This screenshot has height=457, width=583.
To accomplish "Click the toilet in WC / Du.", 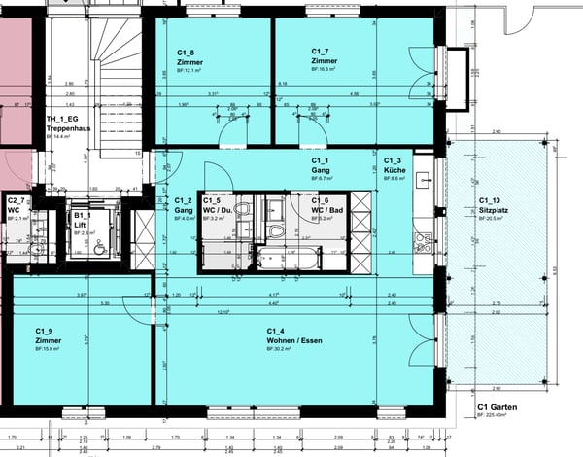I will [242, 209].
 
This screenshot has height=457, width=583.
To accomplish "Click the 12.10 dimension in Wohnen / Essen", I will [223, 311].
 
